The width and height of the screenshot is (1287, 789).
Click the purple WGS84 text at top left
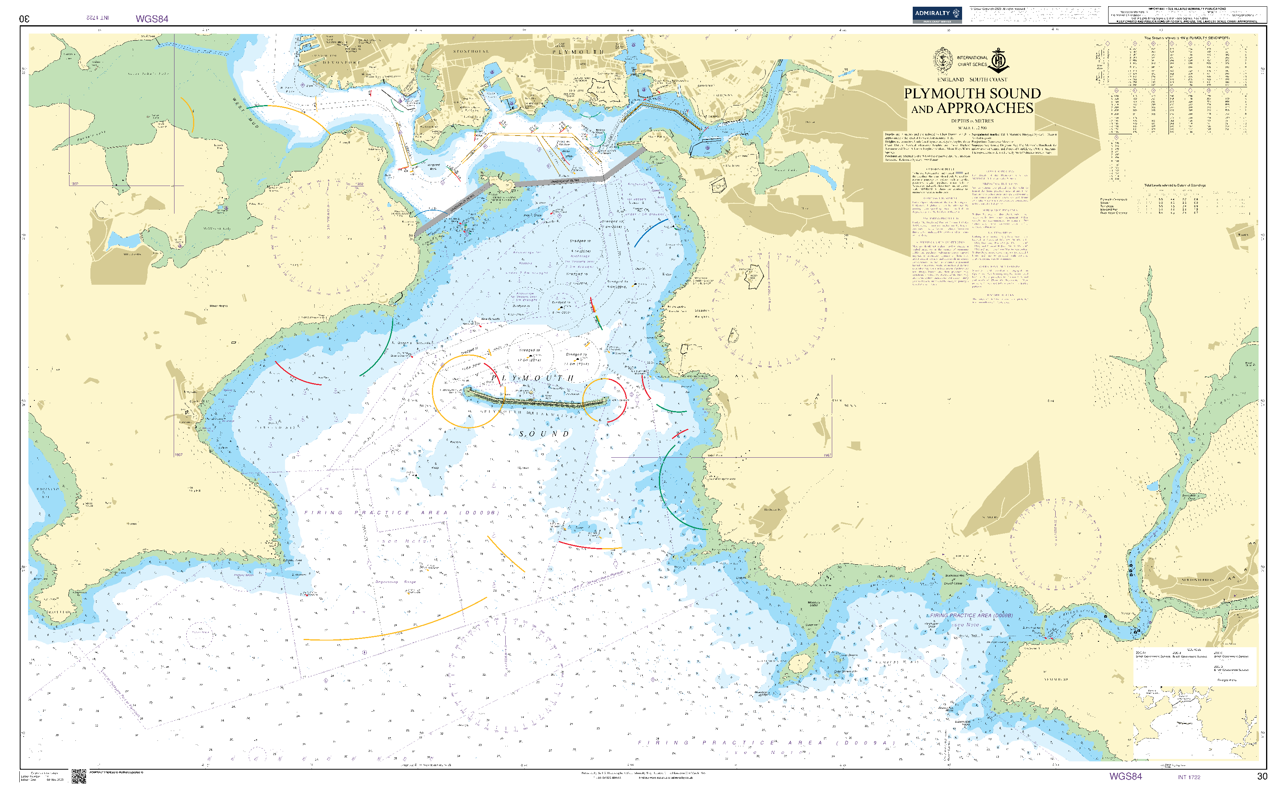(152, 19)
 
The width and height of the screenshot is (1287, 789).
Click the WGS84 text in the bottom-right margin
(1125, 776)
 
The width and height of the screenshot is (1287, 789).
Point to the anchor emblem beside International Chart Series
(999, 60)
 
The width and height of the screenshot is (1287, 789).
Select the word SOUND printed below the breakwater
(544, 434)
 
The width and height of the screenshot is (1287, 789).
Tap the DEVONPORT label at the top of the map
(341, 62)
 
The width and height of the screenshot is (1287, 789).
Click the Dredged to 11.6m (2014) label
(577, 359)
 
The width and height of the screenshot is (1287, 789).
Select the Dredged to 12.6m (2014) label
(530, 355)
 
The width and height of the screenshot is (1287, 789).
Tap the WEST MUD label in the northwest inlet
(245, 112)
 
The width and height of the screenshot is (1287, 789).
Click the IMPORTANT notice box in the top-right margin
(1187, 15)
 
